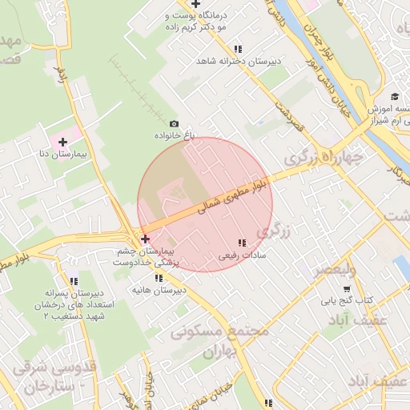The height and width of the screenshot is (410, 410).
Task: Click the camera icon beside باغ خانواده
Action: pyautogui.click(x=175, y=124)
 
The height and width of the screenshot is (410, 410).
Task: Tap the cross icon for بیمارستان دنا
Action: pyautogui.click(x=62, y=142)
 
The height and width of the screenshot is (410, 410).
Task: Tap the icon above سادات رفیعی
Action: pyautogui.click(x=242, y=243)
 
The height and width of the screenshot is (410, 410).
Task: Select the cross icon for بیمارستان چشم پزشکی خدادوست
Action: pyautogui.click(x=145, y=239)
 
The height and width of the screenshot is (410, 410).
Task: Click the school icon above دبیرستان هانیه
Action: pyautogui.click(x=160, y=277)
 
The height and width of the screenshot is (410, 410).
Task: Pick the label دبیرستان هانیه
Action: pyautogui.click(x=159, y=289)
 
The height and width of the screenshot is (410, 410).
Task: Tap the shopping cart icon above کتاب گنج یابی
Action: pyautogui.click(x=347, y=288)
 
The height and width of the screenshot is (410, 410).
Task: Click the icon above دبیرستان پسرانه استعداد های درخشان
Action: pyautogui.click(x=74, y=281)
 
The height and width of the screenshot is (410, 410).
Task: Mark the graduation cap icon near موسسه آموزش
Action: pyautogui.click(x=396, y=96)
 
